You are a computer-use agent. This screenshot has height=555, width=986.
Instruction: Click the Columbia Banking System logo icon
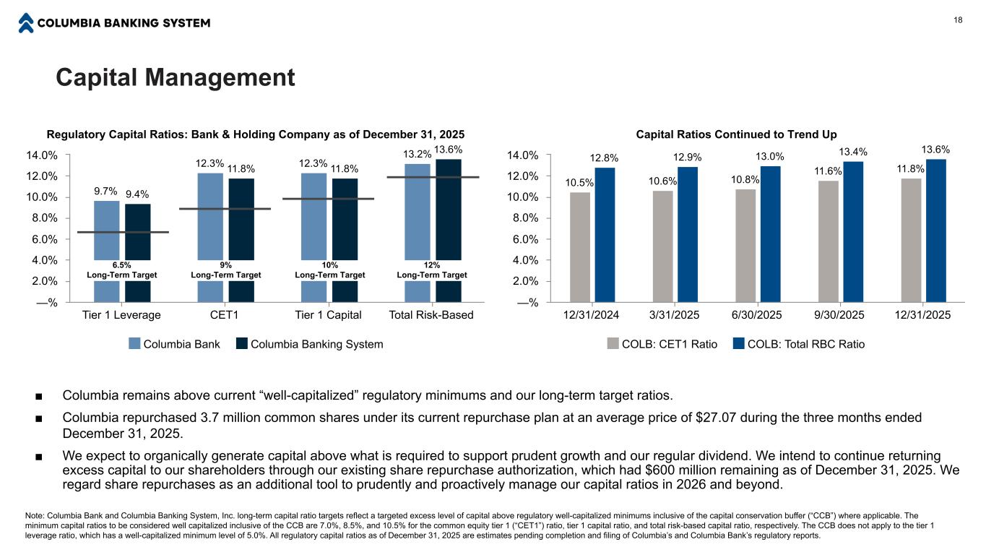pyautogui.click(x=26, y=23)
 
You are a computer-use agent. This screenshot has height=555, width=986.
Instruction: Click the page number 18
pyautogui.click(x=958, y=20)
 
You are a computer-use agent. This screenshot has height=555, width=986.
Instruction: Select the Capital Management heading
pyautogui.click(x=176, y=77)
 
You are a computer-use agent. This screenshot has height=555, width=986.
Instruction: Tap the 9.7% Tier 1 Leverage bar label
pyautogui.click(x=105, y=191)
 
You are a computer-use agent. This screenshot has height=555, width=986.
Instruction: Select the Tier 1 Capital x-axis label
pyautogui.click(x=329, y=315)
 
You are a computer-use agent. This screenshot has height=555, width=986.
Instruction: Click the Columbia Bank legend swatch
pyautogui.click(x=134, y=344)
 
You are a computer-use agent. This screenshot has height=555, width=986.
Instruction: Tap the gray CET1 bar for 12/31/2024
pyautogui.click(x=580, y=246)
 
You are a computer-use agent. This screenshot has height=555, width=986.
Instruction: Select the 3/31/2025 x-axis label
pyautogui.click(x=675, y=315)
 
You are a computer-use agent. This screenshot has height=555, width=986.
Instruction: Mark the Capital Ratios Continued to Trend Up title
pyautogui.click(x=736, y=134)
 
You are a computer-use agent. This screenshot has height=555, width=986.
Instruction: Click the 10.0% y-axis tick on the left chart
pyautogui.click(x=43, y=197)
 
